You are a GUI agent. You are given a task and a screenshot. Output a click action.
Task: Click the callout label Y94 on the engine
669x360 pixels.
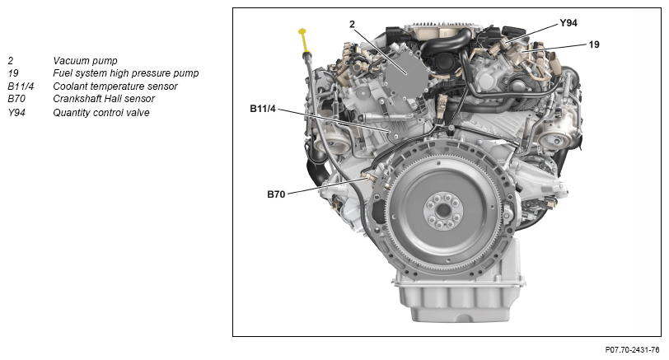[x=568, y=23]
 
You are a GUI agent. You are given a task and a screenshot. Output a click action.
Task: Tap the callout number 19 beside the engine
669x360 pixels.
[x=594, y=44]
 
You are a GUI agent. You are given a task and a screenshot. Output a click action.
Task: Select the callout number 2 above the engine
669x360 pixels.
[x=352, y=25]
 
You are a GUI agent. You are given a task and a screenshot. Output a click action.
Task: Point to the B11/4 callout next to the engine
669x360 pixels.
[x=263, y=109]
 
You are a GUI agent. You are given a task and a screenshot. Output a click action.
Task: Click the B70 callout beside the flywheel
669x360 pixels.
[x=276, y=194]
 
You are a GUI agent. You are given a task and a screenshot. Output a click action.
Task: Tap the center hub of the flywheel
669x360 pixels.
[x=443, y=210]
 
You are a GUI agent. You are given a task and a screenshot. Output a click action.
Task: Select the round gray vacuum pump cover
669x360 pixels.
[x=406, y=76]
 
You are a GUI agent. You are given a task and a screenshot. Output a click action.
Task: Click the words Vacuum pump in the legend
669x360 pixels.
[x=85, y=61]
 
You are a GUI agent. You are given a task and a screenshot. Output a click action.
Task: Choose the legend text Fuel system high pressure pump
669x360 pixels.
[x=126, y=73]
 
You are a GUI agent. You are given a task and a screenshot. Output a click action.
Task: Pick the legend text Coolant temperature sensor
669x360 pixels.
[x=115, y=86]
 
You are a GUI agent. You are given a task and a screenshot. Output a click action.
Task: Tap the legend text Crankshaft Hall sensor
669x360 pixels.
[x=104, y=99]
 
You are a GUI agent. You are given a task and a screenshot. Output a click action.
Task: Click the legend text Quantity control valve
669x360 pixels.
[x=101, y=113]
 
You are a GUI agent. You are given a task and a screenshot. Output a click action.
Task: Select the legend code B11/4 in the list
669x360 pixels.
[x=21, y=86]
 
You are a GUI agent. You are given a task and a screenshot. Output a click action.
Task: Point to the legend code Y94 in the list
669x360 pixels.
[x=16, y=113]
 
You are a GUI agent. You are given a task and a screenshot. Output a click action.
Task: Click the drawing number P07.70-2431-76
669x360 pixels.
[x=632, y=350]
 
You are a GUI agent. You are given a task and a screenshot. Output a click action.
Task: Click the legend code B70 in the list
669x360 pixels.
[x=16, y=99]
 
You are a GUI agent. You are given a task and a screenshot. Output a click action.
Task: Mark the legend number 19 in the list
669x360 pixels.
[x=13, y=73]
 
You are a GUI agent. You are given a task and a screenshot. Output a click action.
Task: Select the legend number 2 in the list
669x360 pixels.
[x=10, y=61]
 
